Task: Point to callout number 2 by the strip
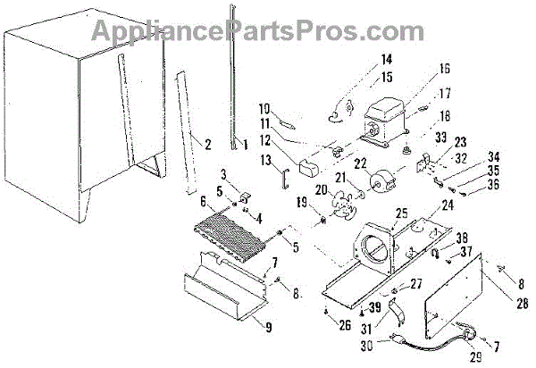207,143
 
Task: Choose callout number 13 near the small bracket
268,159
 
